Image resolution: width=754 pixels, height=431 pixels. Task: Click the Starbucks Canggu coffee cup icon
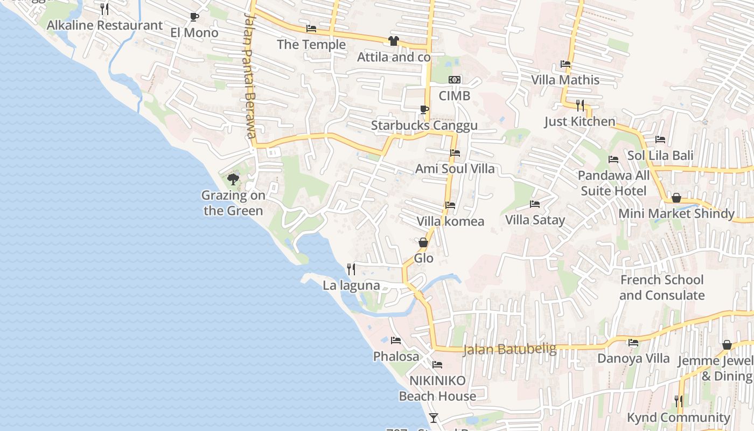[424, 110]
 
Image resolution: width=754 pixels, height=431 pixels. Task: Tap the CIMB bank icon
[455, 80]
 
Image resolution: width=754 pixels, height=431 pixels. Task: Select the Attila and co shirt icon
[394, 41]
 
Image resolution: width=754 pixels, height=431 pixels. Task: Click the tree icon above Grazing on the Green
[233, 179]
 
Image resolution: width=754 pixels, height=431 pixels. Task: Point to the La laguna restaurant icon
[351, 269]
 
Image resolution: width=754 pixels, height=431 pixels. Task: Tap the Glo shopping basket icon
[423, 242]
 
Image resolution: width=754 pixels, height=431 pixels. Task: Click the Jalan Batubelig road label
[509, 349]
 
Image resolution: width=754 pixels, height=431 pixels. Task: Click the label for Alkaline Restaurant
[104, 25]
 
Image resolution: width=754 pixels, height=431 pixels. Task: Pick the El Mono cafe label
[194, 33]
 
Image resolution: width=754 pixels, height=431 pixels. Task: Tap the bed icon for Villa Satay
[535, 204]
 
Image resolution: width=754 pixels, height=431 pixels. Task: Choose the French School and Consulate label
[662, 288]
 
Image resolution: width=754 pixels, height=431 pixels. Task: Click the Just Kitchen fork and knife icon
[580, 105]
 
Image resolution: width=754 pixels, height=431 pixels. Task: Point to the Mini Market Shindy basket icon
[676, 198]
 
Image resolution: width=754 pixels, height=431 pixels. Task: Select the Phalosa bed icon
[396, 340]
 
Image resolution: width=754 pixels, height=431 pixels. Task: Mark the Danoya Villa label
[633, 358]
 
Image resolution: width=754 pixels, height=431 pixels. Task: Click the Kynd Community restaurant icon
[679, 401]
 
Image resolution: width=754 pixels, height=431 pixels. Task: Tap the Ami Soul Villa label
[455, 169]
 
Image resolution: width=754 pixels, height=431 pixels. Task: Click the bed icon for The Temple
[311, 29]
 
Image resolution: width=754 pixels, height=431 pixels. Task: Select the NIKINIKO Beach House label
[437, 388]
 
